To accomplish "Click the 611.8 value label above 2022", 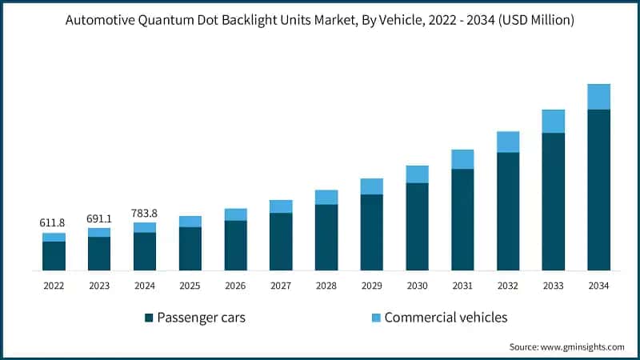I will pyautogui.click(x=54, y=222).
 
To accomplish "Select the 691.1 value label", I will pyautogui.click(x=99, y=217).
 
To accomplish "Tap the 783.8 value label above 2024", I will pyautogui.click(x=145, y=213).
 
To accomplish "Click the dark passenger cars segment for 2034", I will pyautogui.click(x=598, y=190).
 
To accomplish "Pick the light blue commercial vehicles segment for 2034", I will pyautogui.click(x=598, y=97).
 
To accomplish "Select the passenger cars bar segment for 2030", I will pyautogui.click(x=417, y=226).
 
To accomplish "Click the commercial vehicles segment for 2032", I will pyautogui.click(x=508, y=142).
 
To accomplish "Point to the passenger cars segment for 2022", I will pyautogui.click(x=54, y=256).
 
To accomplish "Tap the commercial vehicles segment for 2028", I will pyautogui.click(x=326, y=197).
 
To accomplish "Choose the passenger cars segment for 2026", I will pyautogui.click(x=235, y=246).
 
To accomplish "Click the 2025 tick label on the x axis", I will pyautogui.click(x=190, y=285).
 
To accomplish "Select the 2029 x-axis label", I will pyautogui.click(x=372, y=285).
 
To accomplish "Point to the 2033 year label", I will pyautogui.click(x=554, y=285).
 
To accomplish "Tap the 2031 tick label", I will pyautogui.click(x=462, y=285).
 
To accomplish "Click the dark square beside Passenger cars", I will pyautogui.click(x=149, y=318).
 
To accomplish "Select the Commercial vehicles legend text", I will pyautogui.click(x=446, y=318).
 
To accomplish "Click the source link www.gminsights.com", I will pyautogui.click(x=583, y=346).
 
